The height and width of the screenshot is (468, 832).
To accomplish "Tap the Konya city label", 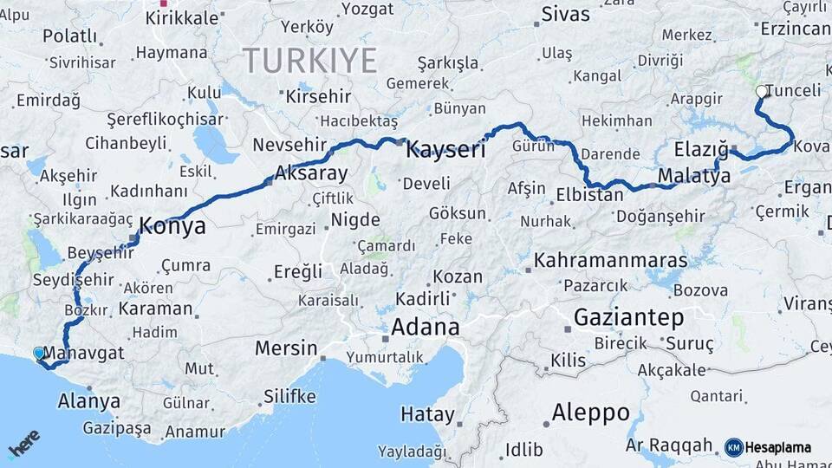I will pos(172,226).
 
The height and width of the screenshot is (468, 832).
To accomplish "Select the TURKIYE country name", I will pos(309,61).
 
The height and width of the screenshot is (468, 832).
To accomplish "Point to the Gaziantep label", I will pos(628,317).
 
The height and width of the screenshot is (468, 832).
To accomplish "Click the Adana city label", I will pos(425,327).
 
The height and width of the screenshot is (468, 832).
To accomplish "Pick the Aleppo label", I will pos(590,412).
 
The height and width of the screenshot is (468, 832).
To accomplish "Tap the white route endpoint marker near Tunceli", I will pos(761,91).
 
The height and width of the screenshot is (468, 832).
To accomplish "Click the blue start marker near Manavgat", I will pos(39,354).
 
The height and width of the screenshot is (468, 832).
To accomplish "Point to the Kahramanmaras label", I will pos(610,260).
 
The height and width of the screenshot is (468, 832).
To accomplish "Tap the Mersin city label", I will pos(286,348).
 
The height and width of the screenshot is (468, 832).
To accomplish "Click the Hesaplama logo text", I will pos(778,447).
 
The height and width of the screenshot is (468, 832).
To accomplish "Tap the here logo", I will pos(23,445).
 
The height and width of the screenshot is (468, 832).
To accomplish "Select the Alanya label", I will pos(88,400).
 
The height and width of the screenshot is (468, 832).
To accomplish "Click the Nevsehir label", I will pos(289,145).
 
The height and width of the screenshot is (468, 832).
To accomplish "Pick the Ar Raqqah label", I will pos(668,445).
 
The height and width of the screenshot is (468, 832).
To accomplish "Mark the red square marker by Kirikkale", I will pos(164,3).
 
